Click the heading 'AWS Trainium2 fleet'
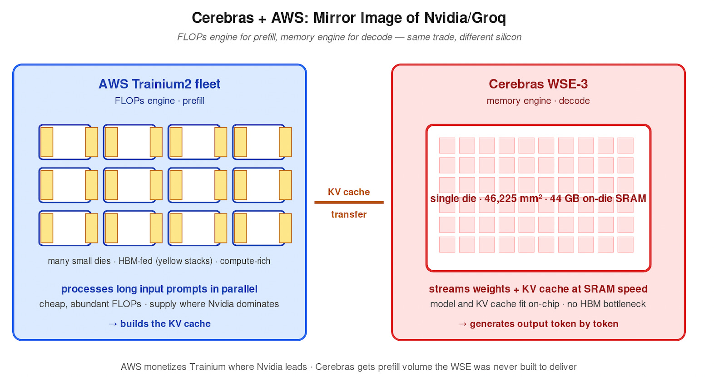[x=159, y=84]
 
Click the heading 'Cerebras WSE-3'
[x=538, y=84]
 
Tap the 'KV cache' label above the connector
[x=349, y=192]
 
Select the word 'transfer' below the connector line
[x=349, y=214]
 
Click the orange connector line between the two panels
[x=349, y=202]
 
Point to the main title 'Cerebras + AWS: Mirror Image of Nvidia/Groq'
[x=349, y=18]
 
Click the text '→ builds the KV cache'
[x=159, y=324]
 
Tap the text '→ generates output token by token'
[x=538, y=324]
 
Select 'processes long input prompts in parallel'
[x=159, y=289]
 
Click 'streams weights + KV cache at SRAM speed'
[x=538, y=289]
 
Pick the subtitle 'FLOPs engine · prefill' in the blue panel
[x=159, y=101]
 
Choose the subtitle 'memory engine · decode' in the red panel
[x=538, y=101]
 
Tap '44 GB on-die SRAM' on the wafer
[x=598, y=198]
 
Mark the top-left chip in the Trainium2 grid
[x=65, y=142]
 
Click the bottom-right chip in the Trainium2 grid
[x=259, y=228]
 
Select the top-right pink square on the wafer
[x=625, y=145]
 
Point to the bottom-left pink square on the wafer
[x=447, y=244]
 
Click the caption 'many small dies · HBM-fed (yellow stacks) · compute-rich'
[x=159, y=261]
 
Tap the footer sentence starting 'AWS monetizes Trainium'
[x=349, y=367]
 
